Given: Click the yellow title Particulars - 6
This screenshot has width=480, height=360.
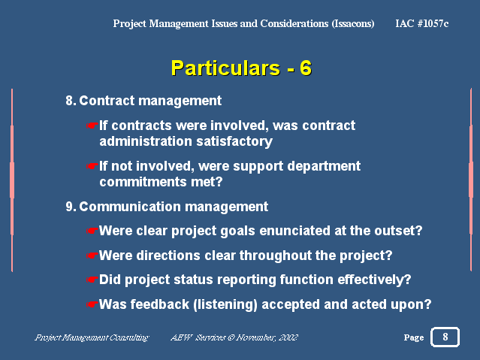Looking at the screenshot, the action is point(241,68).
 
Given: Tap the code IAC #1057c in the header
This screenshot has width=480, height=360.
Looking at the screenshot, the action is point(422,23).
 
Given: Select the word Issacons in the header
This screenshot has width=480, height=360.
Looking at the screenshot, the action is point(353,23).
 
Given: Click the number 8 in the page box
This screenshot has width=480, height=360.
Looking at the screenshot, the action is point(445,337).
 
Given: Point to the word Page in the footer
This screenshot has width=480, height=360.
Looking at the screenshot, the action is point(414,337).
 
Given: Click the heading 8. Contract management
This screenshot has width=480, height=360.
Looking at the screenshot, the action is point(143,101).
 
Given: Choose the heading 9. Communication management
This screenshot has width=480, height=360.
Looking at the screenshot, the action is point(167,207).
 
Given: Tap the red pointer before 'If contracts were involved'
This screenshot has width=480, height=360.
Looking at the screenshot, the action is point(92,126).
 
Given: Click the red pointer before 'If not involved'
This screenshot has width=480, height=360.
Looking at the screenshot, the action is point(92,166).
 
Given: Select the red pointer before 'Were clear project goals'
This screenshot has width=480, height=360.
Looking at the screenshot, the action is point(92,231).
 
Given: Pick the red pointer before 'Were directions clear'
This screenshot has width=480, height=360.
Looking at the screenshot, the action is point(92,256).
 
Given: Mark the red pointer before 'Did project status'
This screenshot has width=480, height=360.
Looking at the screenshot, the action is point(92,280).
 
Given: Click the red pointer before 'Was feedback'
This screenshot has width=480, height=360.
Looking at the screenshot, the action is point(92,304).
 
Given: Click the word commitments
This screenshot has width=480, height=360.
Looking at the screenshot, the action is point(143,182).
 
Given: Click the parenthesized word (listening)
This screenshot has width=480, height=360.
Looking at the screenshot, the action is point(225,304).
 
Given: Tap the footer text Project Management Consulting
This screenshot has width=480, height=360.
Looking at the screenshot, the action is point(92,337).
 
